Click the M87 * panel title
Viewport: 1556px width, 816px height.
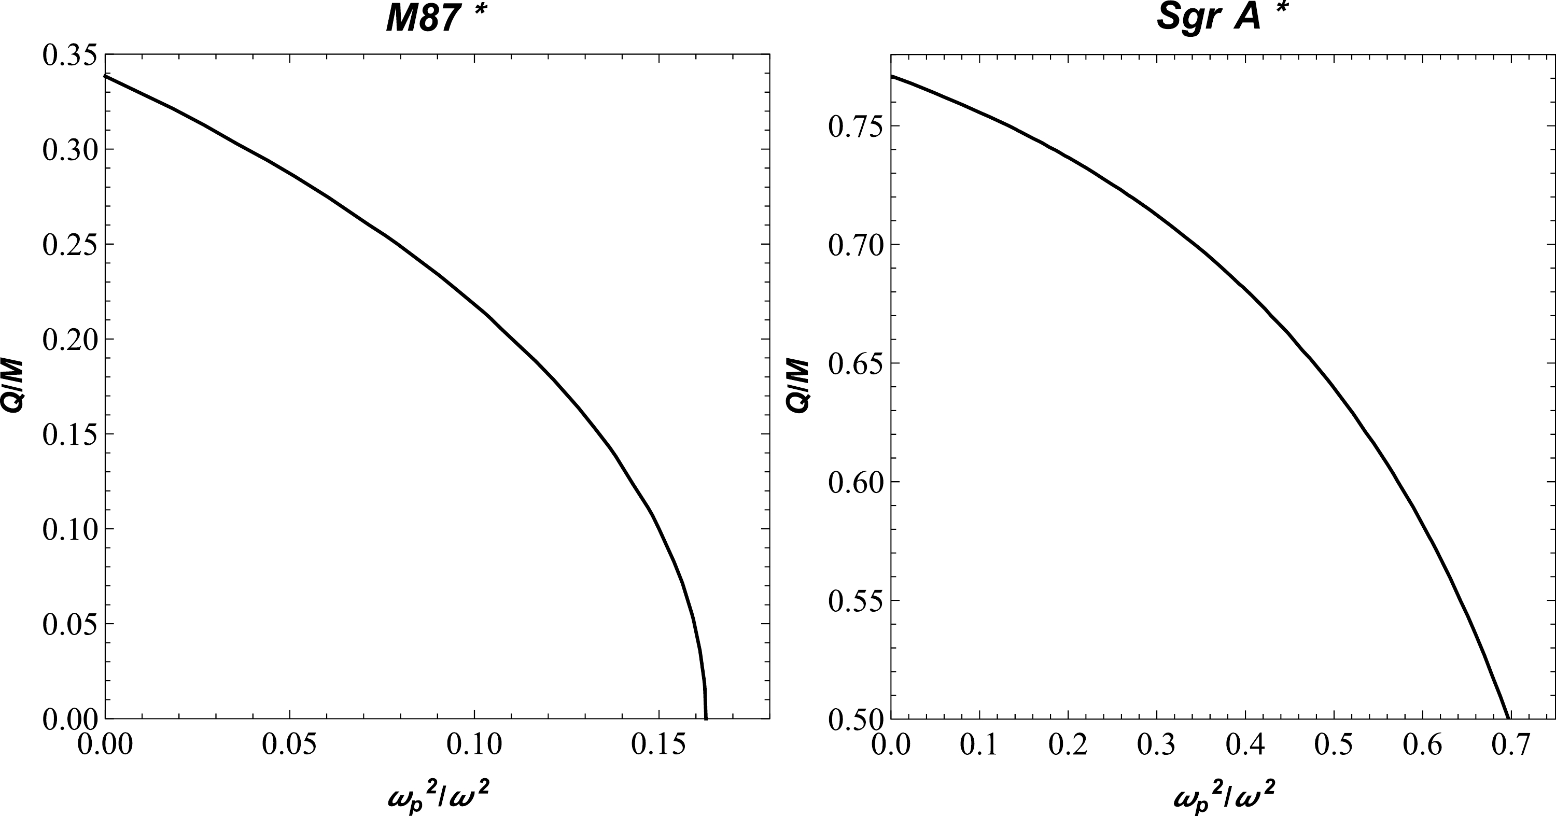coord(436,18)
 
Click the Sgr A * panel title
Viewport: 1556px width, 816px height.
coord(1220,16)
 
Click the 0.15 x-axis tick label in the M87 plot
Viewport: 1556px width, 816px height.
coord(658,745)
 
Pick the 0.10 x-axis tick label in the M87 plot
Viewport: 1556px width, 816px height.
coord(474,745)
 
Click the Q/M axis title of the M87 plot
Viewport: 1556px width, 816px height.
coord(12,387)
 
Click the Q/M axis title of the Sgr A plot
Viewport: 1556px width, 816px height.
coord(798,387)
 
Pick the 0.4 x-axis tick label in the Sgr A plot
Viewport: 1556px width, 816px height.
coord(1245,745)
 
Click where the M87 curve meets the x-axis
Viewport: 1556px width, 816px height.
coord(706,718)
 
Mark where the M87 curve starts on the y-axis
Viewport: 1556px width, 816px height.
coord(106,76)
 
